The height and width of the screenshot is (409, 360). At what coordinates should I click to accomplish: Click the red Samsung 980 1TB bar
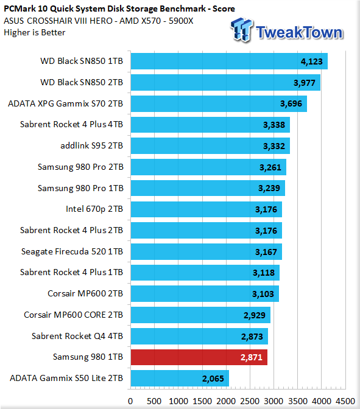pos(199,357)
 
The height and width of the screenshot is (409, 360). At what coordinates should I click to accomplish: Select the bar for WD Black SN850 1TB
pos(229,61)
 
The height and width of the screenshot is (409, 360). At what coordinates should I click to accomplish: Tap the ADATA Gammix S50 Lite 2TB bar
pos(180,378)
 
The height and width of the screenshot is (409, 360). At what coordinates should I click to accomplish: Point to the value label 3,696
pos(291,104)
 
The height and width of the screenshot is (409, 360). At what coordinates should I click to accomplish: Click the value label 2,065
pos(213,379)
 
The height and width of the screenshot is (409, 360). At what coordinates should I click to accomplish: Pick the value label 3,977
pos(305,83)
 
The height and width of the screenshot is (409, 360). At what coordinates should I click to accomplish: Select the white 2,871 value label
pos(251,357)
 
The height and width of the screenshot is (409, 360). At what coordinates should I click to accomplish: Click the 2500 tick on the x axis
pos(250,401)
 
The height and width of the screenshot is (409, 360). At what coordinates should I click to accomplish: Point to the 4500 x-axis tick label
pos(345,401)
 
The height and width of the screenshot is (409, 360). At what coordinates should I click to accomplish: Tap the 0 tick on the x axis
pos(130,401)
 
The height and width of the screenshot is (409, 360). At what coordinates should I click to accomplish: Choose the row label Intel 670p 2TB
pos(94,209)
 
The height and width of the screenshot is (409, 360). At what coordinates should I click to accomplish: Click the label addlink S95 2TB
pos(91,145)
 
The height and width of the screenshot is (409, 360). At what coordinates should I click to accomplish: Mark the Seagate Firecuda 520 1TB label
pos(72,251)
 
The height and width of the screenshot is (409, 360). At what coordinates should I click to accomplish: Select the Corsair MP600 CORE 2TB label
pos(73,315)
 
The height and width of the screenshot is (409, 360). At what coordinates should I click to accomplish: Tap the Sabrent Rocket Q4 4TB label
pos(77,336)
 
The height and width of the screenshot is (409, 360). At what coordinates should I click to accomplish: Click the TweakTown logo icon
pos(241,30)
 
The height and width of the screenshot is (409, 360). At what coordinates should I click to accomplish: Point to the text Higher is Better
pos(35,33)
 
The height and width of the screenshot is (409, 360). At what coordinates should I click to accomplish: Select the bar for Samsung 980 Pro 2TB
pos(208,167)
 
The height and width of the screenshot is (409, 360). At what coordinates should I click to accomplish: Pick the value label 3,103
pos(263,294)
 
